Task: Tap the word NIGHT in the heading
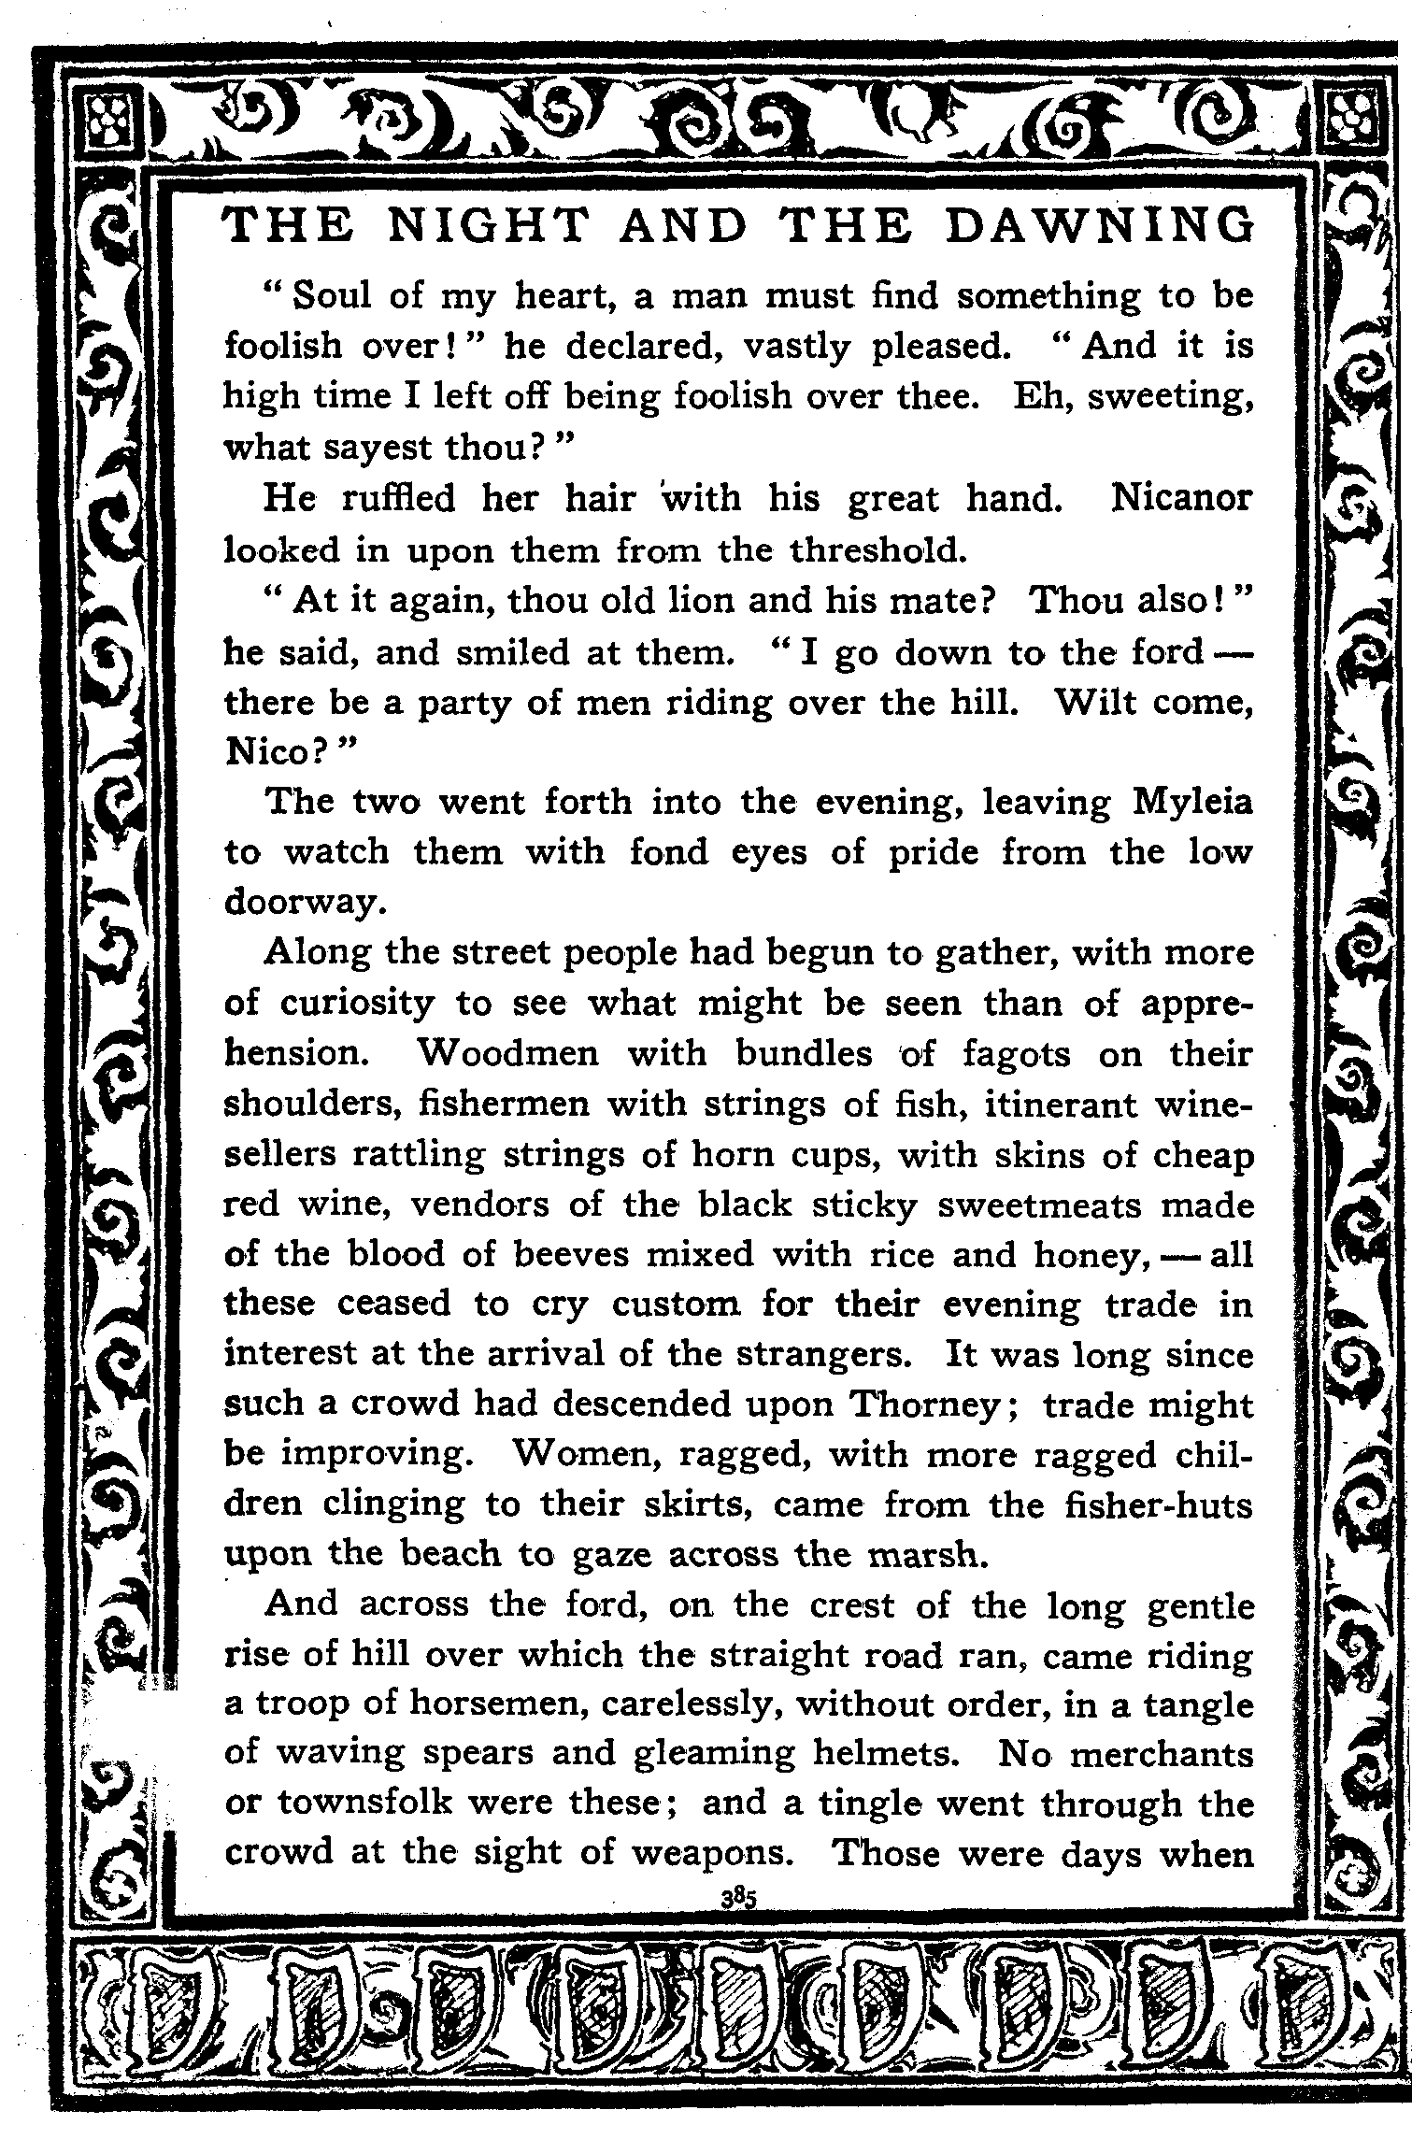(x=489, y=227)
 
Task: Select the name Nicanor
(x=1181, y=498)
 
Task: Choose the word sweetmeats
(x=1039, y=1205)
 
